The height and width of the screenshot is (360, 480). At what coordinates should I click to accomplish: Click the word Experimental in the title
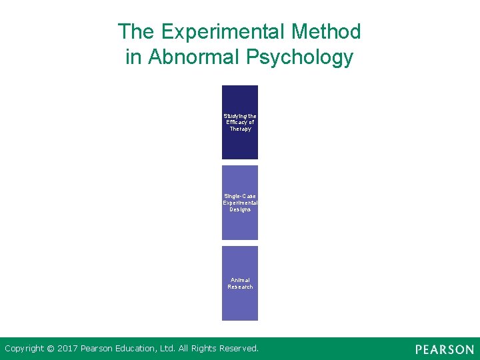pyautogui.click(x=221, y=31)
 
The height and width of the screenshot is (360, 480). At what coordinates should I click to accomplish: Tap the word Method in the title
pyautogui.click(x=327, y=31)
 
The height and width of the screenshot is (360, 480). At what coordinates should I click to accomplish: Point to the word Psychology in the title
pyautogui.click(x=299, y=58)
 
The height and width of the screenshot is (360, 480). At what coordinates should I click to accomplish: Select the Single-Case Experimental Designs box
pyautogui.click(x=240, y=223)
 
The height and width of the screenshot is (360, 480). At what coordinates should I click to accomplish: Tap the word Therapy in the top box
pyautogui.click(x=240, y=129)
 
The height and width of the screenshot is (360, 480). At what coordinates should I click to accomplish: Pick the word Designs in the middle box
pyautogui.click(x=240, y=209)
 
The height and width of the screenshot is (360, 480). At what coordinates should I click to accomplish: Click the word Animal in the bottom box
pyautogui.click(x=240, y=280)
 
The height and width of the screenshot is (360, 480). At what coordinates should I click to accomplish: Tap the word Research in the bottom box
pyautogui.click(x=240, y=287)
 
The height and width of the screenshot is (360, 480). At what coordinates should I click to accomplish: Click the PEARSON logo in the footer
pyautogui.click(x=444, y=349)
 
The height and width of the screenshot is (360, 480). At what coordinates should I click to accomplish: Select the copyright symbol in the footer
pyautogui.click(x=52, y=348)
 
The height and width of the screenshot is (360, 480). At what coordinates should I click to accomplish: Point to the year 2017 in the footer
pyautogui.click(x=68, y=348)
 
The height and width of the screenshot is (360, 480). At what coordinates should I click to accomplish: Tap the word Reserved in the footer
pyautogui.click(x=237, y=348)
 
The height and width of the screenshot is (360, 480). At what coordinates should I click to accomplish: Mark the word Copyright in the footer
pyautogui.click(x=25, y=348)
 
